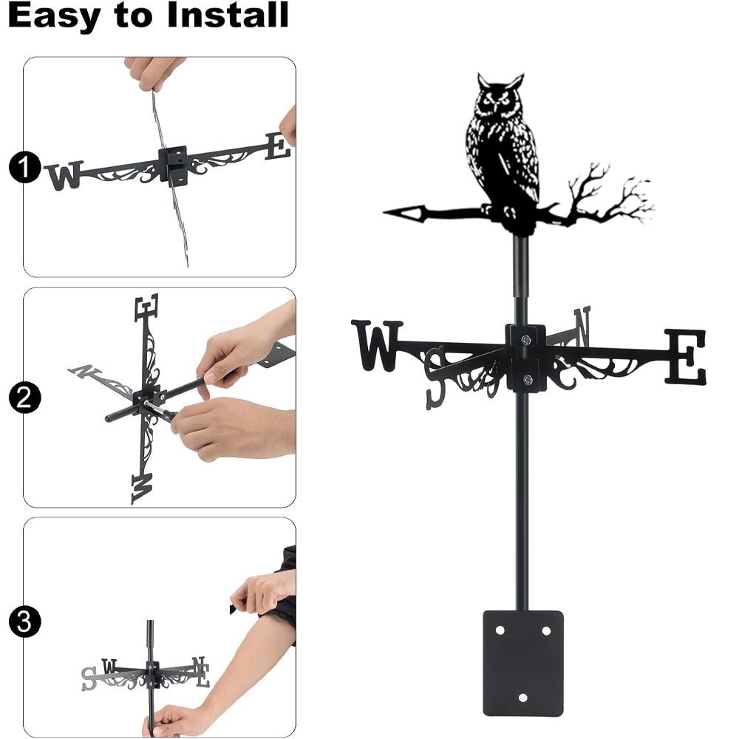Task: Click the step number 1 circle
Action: coord(24,168)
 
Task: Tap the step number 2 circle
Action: coord(24,399)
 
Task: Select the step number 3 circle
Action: coord(24,621)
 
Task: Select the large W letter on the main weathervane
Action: coord(377,344)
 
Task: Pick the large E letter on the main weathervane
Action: coord(685,357)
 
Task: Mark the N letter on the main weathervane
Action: coord(582,326)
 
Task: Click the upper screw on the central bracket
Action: coord(525,340)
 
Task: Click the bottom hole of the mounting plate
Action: coord(522,697)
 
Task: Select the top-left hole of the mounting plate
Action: coord(500,631)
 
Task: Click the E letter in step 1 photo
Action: coord(278,146)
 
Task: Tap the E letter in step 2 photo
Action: coord(146,307)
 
